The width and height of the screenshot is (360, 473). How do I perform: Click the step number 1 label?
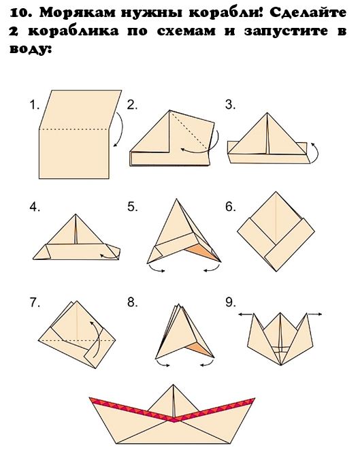[x=35, y=105]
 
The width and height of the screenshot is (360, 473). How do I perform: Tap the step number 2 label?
[x=132, y=105]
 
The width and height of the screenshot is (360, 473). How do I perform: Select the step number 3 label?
[x=230, y=105]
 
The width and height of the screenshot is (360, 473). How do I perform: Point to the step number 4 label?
[x=35, y=207]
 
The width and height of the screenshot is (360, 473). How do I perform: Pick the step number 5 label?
[x=133, y=207]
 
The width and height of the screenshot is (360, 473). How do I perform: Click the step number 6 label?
[x=230, y=207]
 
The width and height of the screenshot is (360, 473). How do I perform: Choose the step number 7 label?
[x=35, y=302]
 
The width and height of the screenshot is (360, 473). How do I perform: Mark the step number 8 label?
[x=133, y=302]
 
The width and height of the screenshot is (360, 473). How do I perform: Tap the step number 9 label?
[x=230, y=302]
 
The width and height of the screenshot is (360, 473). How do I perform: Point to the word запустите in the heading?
[x=286, y=31]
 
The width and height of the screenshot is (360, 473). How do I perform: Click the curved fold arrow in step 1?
[x=120, y=129]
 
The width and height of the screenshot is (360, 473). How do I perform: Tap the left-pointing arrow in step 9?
[x=246, y=314]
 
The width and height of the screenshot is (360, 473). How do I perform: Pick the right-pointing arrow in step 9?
[x=315, y=314]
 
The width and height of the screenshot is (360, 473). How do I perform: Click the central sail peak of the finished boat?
[x=173, y=385]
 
